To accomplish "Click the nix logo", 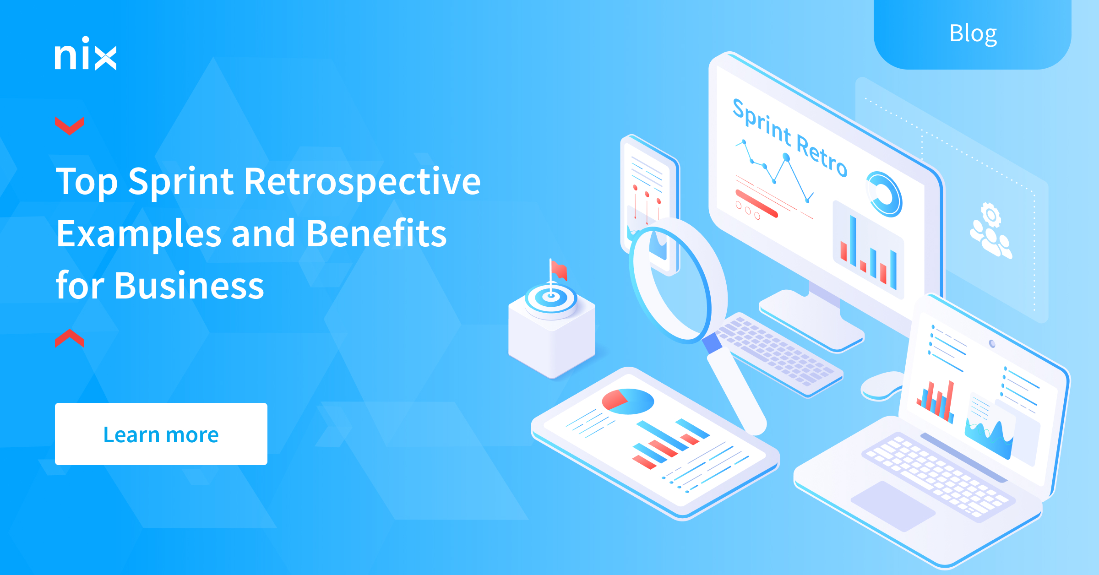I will [x=86, y=54].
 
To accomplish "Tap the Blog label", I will [x=973, y=33].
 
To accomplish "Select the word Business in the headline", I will [x=189, y=286].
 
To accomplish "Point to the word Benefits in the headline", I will [x=376, y=233].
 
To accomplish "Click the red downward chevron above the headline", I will [x=69, y=125].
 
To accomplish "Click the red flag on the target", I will [x=559, y=270].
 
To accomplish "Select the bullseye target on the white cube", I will [x=551, y=298].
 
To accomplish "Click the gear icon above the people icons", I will [x=990, y=214].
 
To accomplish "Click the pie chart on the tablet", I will [x=627, y=401].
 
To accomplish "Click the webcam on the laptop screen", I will [x=992, y=343].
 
